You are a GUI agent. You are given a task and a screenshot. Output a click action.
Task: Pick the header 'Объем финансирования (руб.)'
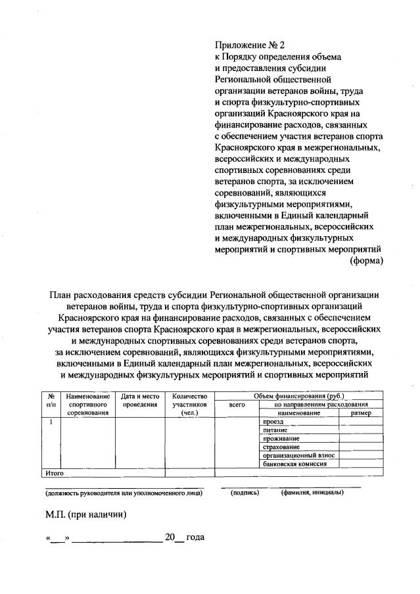(x=300, y=396)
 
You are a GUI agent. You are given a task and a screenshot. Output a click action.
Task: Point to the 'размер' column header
(x=361, y=413)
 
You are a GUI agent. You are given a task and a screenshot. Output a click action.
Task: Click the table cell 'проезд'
(x=272, y=421)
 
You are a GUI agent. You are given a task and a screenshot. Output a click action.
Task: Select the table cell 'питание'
(x=275, y=430)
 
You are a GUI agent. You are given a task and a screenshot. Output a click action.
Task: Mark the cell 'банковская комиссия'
(x=294, y=464)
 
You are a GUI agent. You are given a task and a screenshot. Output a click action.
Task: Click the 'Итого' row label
(x=53, y=472)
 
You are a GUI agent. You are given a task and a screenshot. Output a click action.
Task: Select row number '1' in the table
(x=51, y=421)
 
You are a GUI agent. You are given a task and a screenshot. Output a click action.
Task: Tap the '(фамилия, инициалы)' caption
(x=312, y=493)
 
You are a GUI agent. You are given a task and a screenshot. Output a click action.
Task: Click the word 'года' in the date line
(x=195, y=537)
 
